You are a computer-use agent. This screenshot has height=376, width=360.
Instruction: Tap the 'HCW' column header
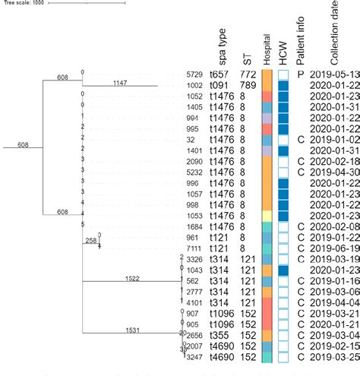click(284, 52)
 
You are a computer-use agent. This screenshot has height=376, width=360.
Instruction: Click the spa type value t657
click(220, 75)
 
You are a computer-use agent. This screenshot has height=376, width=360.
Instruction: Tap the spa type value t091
click(220, 86)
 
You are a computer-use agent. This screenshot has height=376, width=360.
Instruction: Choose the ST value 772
click(248, 75)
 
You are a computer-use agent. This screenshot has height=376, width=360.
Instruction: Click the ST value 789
click(248, 86)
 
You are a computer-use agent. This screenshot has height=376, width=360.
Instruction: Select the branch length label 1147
click(121, 81)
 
